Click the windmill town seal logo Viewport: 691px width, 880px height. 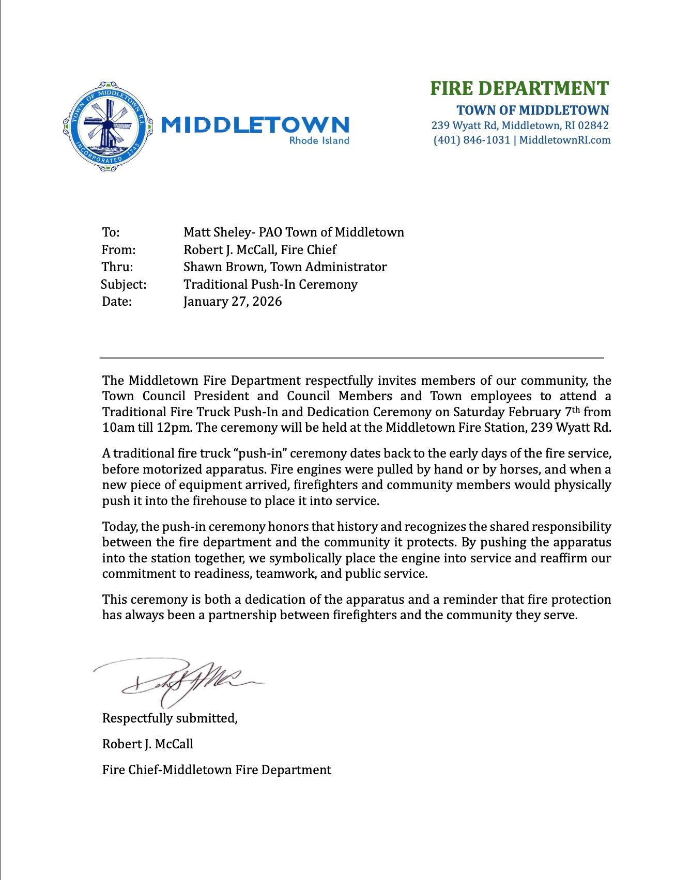pos(108,126)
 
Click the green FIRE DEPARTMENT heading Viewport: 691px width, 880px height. pos(519,88)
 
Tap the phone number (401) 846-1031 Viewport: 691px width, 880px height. pos(471,140)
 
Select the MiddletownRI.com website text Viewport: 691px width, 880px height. pos(565,140)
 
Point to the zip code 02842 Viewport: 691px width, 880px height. pos(593,125)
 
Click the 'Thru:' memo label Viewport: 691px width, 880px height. pos(117,267)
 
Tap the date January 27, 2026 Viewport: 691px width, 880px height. pos(233,302)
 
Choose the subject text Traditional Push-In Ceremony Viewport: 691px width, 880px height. pos(270,285)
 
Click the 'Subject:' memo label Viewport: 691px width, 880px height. pos(124,285)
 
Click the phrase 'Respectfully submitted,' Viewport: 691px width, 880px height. pos(170,718)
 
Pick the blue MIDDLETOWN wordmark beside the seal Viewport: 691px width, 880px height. pos(255,125)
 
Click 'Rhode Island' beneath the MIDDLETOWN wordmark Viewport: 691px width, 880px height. pos(319,140)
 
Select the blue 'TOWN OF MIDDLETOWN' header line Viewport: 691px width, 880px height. pos(533,110)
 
